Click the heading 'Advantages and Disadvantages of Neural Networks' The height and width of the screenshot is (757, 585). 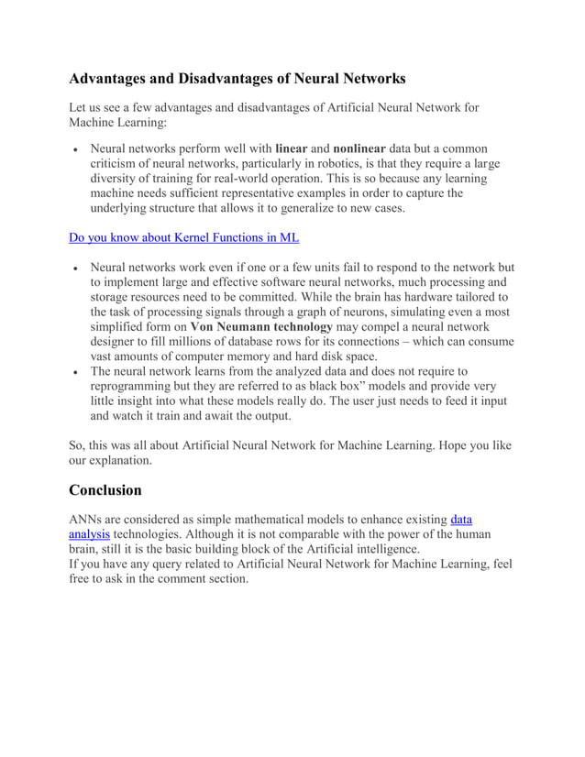click(237, 79)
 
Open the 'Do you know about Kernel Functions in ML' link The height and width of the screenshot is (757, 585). click(184, 238)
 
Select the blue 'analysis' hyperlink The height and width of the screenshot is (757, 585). click(90, 534)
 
